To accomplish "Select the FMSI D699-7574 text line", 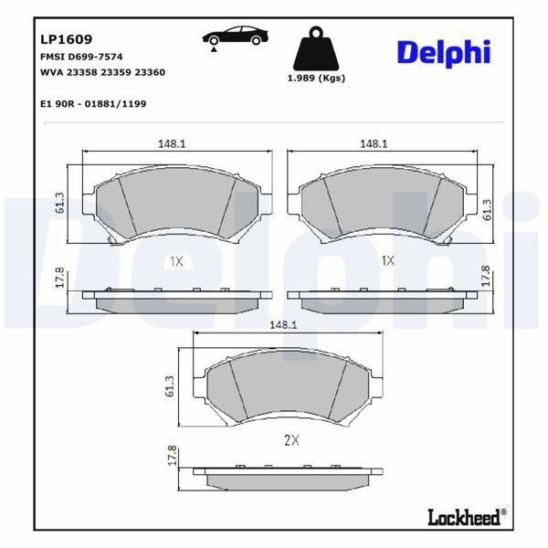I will click(x=81, y=57).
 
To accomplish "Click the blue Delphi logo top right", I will click(x=443, y=52).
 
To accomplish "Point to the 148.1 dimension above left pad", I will click(x=170, y=142).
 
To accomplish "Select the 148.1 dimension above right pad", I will click(x=374, y=142).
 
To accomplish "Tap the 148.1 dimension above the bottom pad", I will click(x=283, y=324).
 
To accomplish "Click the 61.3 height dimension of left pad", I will click(x=59, y=203).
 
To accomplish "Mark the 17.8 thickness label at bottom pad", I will click(x=171, y=457).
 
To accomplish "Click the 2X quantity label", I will click(x=291, y=439).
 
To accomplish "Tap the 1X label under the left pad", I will click(x=176, y=261).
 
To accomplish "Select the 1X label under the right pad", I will click(x=387, y=261).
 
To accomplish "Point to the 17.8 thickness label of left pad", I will click(x=59, y=277).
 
